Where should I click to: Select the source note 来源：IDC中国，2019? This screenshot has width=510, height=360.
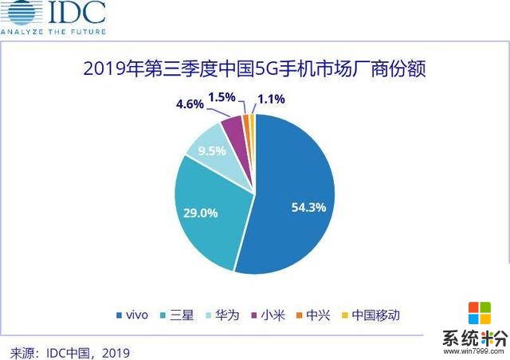click(x=69, y=350)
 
